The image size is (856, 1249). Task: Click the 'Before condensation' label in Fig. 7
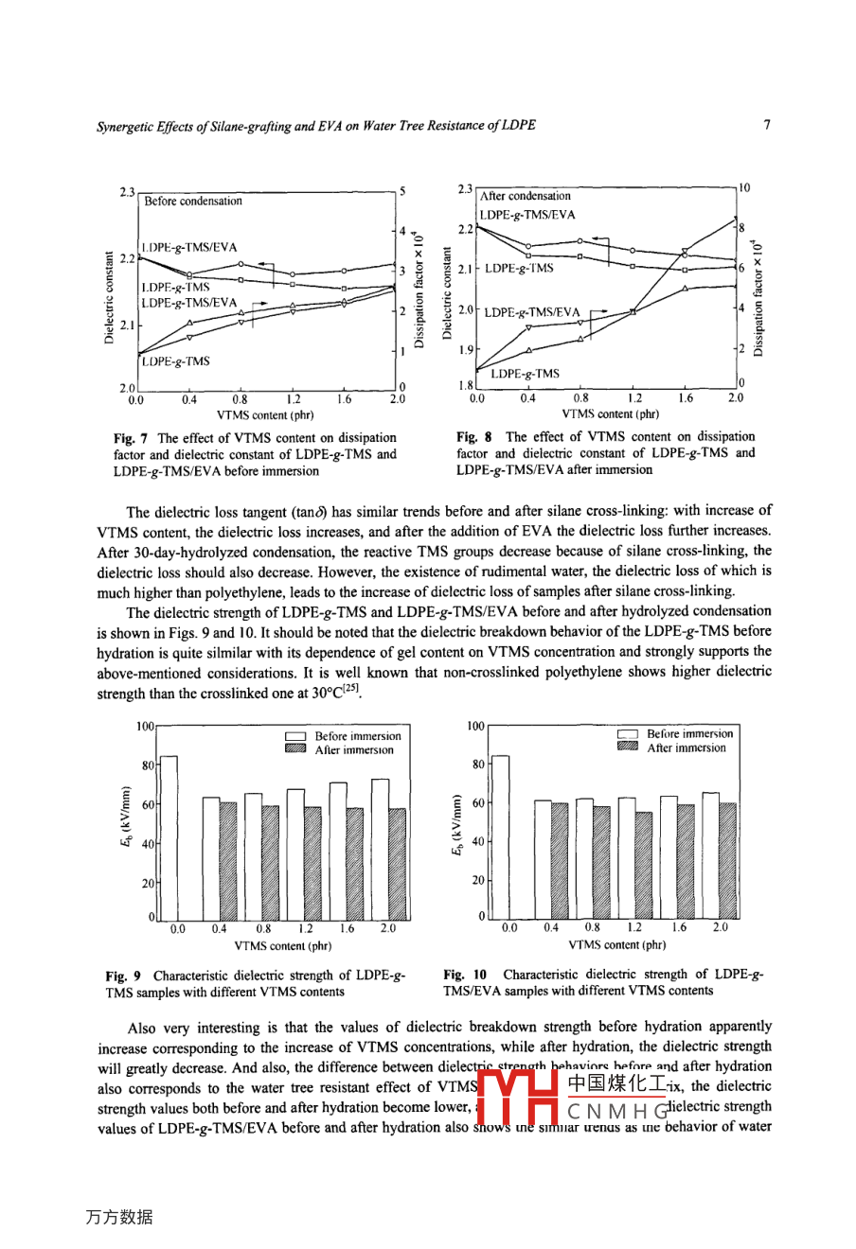(193, 201)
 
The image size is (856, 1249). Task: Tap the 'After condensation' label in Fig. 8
(526, 196)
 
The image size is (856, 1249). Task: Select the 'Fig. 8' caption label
(470, 437)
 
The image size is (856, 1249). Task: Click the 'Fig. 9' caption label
(119, 976)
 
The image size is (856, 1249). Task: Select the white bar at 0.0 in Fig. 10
(500, 836)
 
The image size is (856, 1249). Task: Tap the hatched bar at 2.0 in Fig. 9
(398, 864)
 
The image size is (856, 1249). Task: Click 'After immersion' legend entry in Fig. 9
(354, 750)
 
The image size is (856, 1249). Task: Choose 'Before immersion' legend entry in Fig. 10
(689, 733)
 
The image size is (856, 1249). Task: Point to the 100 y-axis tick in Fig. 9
(146, 726)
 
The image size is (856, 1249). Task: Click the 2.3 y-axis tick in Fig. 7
(127, 192)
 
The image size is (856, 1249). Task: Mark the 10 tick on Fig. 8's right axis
(745, 187)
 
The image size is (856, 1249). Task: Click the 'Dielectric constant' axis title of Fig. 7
(112, 297)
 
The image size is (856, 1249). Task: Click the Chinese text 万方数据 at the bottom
(118, 1218)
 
